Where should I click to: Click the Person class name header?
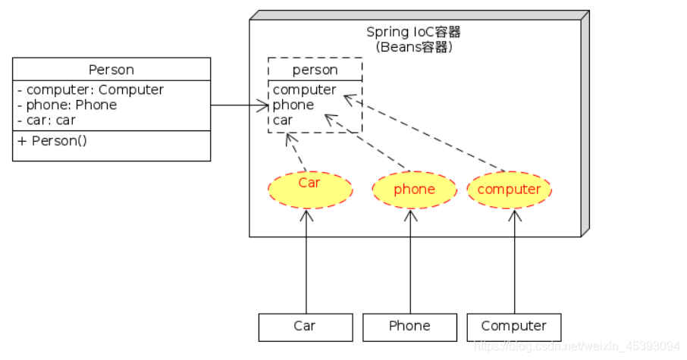tap(111, 70)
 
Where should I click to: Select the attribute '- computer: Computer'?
tap(90, 89)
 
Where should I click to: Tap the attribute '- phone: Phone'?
tap(67, 105)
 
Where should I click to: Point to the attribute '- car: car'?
tap(46, 120)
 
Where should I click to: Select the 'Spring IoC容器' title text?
tap(413, 32)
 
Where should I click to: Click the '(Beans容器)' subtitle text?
tap(413, 47)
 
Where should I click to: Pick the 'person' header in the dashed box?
tap(315, 70)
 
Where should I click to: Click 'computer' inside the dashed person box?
tap(304, 89)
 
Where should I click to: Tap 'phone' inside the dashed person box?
tap(293, 105)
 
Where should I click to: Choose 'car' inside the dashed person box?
tap(283, 120)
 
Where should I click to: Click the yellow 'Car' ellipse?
tap(309, 189)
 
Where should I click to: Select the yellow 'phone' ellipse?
tap(414, 189)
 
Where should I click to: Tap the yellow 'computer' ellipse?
tap(509, 189)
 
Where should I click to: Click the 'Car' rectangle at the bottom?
tap(305, 327)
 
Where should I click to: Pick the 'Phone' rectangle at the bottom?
tap(409, 327)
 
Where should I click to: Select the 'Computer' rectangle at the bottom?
tap(513, 327)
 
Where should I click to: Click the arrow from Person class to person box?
tap(239, 105)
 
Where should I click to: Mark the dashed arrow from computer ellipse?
tap(425, 133)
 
